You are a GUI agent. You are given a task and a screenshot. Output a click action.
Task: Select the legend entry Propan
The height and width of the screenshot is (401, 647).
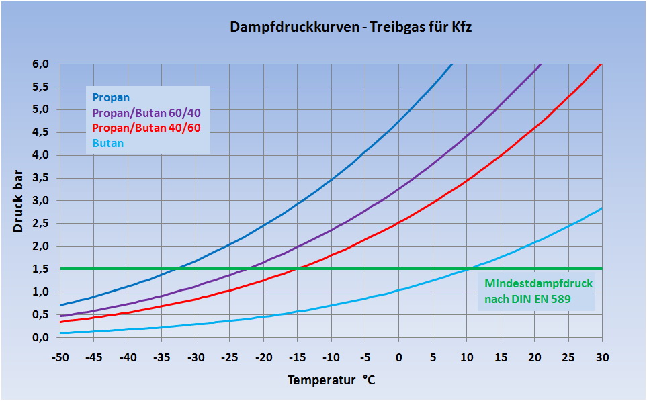point(111,98)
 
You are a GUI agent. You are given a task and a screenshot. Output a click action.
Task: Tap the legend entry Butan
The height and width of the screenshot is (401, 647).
point(108,143)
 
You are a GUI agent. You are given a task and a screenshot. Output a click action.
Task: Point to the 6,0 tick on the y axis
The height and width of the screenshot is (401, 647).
point(41,64)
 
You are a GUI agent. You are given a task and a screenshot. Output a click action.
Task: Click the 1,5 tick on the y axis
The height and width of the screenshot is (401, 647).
point(41,269)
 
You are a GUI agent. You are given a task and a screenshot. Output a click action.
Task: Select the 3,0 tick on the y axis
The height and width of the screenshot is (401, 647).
point(41,201)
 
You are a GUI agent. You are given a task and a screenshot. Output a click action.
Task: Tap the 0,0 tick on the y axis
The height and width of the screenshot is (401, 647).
point(41,337)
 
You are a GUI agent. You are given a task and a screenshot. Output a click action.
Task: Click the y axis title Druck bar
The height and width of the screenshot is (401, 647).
point(19,201)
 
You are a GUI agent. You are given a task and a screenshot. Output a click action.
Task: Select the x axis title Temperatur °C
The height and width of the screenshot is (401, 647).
point(331,380)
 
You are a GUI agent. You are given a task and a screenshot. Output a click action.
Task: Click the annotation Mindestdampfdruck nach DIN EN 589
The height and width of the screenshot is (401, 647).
point(537,292)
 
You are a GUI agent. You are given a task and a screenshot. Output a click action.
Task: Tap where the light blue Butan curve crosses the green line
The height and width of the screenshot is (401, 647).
point(468,269)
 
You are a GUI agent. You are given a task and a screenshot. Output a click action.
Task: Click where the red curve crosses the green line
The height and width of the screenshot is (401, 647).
point(298,269)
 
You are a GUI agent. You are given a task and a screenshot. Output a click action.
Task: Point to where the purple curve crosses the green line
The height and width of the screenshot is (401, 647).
point(247,269)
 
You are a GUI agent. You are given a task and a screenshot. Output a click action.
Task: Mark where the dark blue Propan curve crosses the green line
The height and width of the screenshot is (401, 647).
point(176,269)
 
